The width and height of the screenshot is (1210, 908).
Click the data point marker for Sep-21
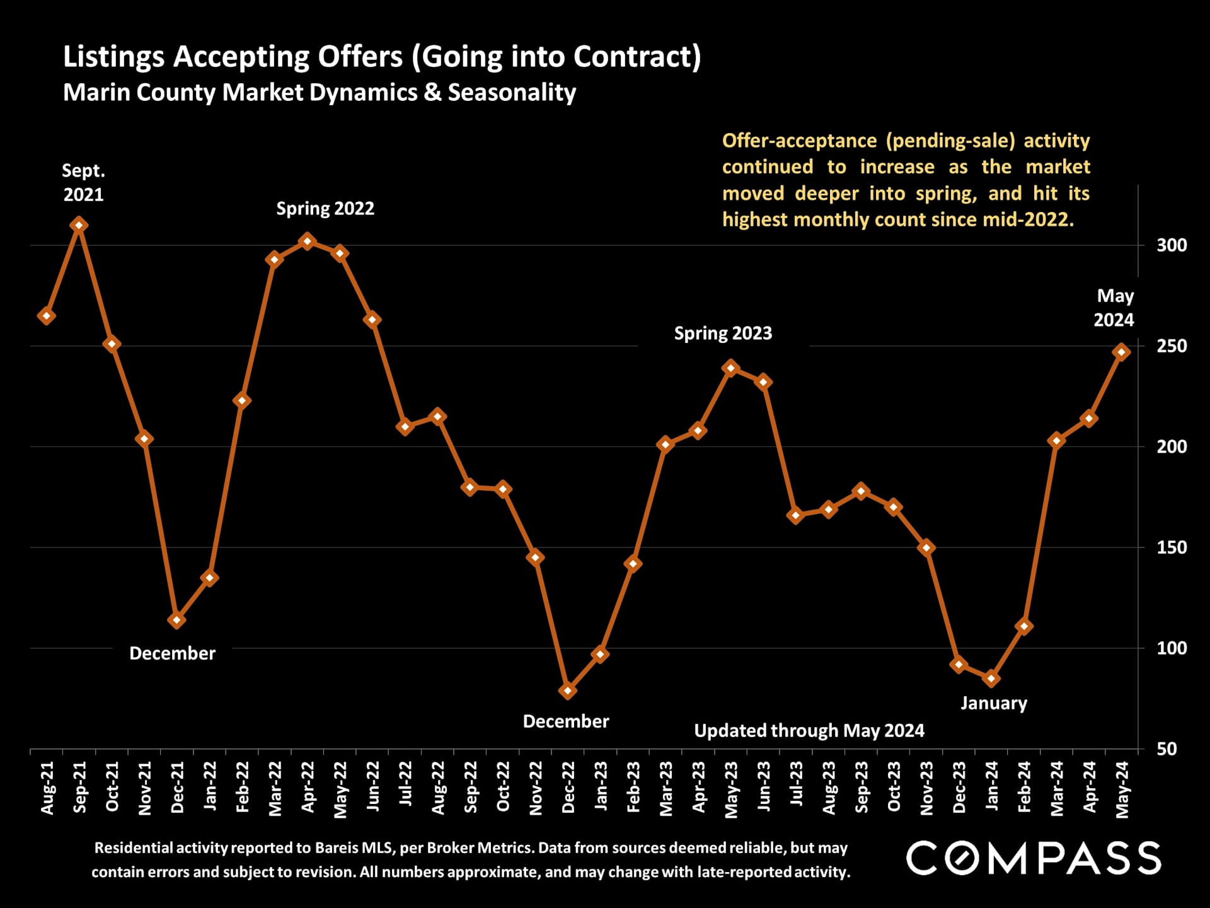tap(79, 225)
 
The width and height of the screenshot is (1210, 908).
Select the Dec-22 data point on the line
tap(568, 690)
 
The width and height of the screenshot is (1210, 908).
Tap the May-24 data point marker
tap(1122, 352)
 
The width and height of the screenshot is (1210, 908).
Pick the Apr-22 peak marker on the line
tap(307, 242)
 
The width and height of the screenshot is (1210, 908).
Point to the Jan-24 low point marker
tap(991, 678)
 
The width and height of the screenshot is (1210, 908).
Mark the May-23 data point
tap(731, 368)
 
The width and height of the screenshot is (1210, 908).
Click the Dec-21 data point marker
tap(177, 620)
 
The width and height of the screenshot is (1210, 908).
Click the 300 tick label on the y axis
tap(1171, 245)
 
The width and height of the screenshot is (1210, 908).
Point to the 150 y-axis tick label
tap(1171, 547)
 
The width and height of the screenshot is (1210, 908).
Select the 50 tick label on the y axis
tap(1167, 749)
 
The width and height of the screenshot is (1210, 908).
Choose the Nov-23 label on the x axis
tap(926, 788)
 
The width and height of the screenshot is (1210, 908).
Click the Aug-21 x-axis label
tap(47, 788)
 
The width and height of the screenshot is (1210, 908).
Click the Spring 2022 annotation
tap(325, 209)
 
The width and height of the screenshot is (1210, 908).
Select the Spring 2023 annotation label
tap(723, 334)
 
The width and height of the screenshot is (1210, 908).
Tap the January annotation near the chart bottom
tap(993, 703)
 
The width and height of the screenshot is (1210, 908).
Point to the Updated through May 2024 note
tap(809, 731)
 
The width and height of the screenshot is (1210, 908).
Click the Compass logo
tap(1033, 858)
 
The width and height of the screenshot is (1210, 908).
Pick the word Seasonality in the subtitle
tap(512, 93)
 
